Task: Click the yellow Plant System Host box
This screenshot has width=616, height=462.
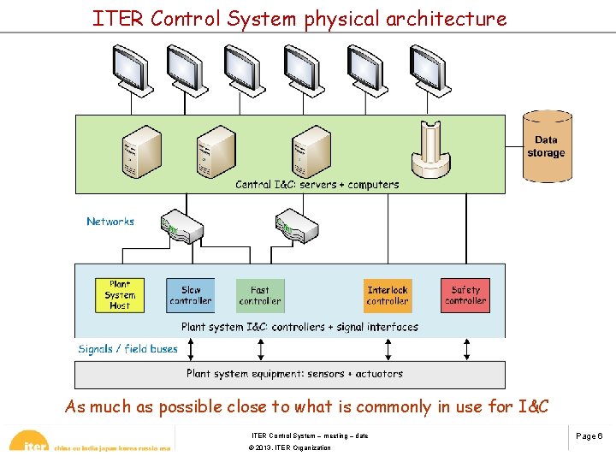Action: click(121, 295)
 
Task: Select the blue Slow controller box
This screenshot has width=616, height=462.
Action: click(190, 295)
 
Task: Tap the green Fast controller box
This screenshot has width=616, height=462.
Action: click(260, 295)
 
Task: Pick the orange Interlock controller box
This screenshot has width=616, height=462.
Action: click(388, 295)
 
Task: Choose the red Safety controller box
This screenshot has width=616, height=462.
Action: click(465, 295)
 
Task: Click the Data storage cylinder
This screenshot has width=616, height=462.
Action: click(547, 146)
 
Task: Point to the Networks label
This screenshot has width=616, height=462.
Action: click(110, 222)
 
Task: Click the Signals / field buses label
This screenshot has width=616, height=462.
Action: click(127, 349)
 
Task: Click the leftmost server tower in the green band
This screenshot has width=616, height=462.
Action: click(140, 151)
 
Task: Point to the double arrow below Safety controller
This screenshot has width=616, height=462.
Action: click(465, 349)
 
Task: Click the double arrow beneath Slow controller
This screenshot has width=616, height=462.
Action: click(191, 349)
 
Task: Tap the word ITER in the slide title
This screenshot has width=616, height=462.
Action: click(119, 19)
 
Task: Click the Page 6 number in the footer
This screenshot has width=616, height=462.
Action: click(589, 436)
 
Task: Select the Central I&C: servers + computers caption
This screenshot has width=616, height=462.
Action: click(317, 185)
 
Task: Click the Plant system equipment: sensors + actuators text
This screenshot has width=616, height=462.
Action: click(294, 374)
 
